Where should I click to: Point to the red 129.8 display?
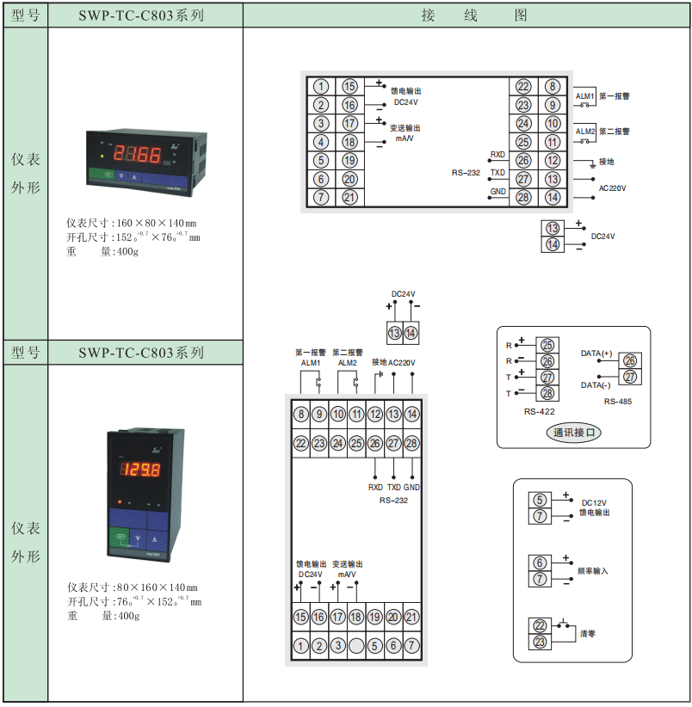click(139, 470)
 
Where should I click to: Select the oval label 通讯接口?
click(575, 433)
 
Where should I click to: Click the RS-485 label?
click(617, 401)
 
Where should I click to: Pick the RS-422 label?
click(539, 412)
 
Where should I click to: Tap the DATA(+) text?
click(596, 353)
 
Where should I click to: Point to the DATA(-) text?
click(596, 384)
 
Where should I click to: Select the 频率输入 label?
click(593, 570)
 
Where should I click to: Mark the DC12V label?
click(595, 503)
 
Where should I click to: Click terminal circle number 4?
click(321, 142)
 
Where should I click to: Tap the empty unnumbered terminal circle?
click(356, 645)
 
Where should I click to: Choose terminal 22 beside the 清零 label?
click(540, 626)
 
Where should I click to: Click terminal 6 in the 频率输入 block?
click(540, 563)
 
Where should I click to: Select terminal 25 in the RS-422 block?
click(548, 345)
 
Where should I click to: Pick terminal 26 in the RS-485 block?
click(630, 361)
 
